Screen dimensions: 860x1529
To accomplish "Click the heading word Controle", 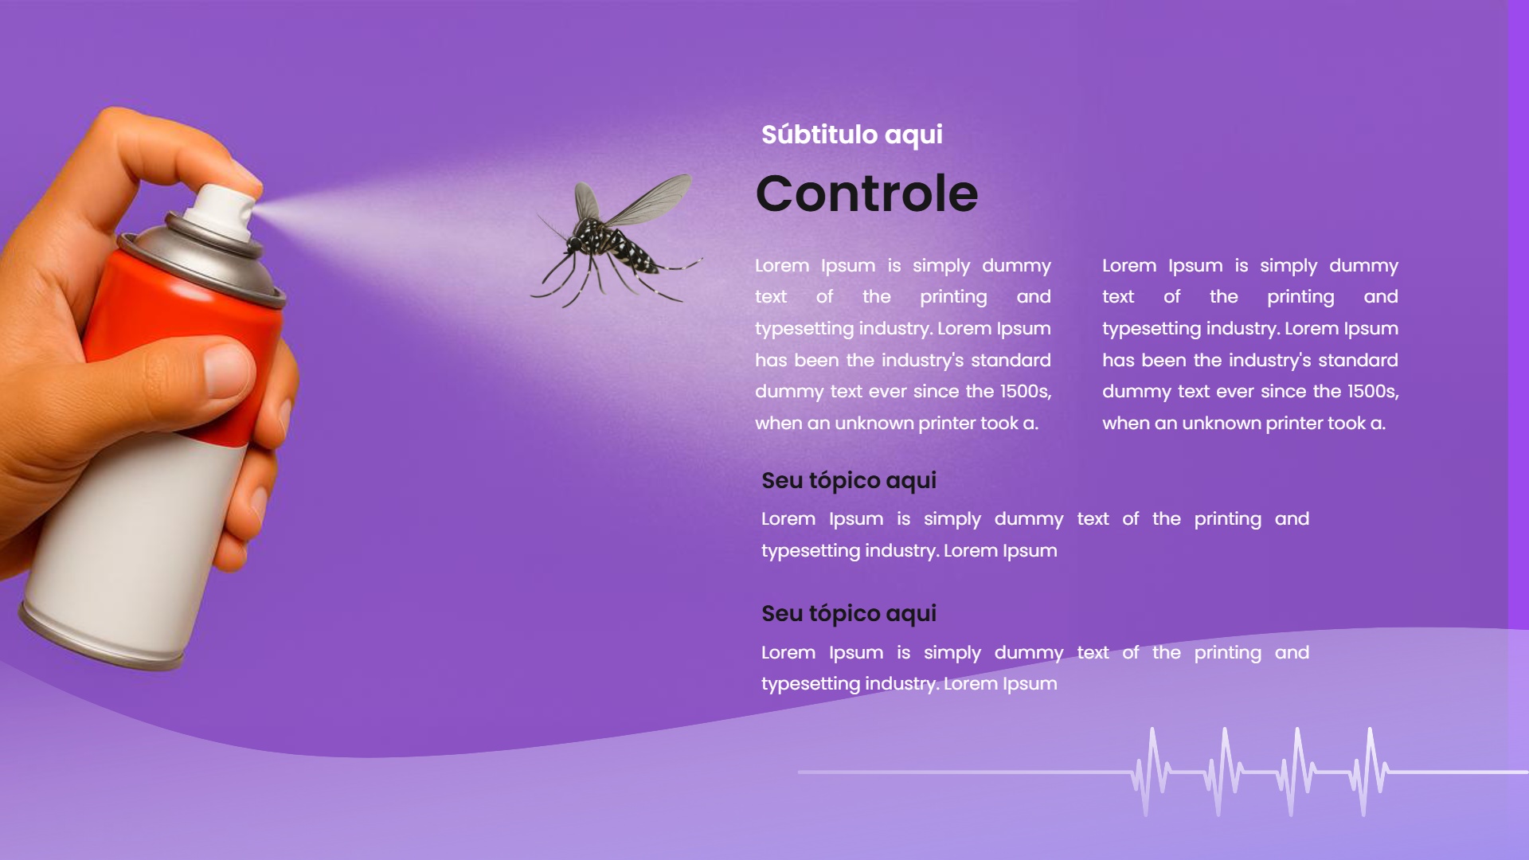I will click(866, 193).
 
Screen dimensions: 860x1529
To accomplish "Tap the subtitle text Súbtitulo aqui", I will click(851, 135).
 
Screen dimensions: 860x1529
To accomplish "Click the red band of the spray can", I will click(175, 319).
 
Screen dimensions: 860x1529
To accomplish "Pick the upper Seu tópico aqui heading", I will click(848, 481).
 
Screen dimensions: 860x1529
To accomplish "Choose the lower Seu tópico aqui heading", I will click(848, 614).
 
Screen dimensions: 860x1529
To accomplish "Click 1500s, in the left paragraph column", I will click(1026, 392).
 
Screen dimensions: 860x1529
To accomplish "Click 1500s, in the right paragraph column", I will click(1373, 392).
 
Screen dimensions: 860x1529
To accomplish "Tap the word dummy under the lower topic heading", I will click(1028, 654).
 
